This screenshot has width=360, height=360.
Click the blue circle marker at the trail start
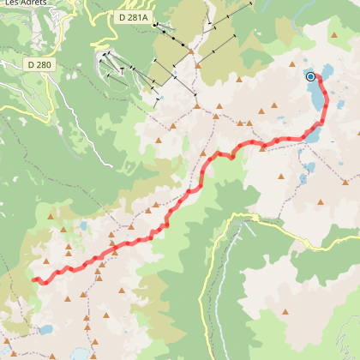pos(310,76)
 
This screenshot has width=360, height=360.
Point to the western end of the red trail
pos(35,279)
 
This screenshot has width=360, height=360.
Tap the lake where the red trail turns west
pos(314,135)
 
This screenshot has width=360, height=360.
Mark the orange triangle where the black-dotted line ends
pos(191,51)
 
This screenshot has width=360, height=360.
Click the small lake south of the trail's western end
pos(45,328)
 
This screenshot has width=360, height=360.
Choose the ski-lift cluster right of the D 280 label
pos(111,64)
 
